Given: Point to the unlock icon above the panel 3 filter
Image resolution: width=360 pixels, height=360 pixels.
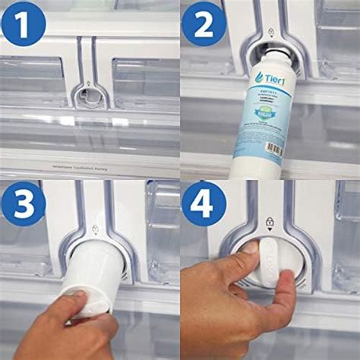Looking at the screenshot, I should [93, 226].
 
